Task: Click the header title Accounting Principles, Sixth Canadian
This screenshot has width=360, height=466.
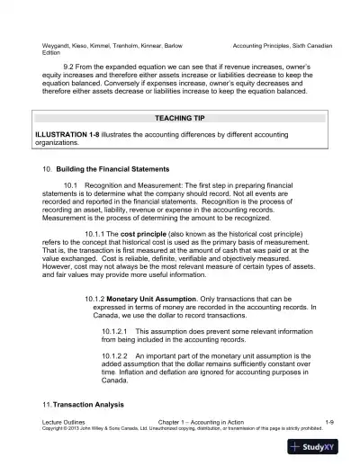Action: (x=282, y=45)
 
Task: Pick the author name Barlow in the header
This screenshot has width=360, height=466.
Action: (x=181, y=45)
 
